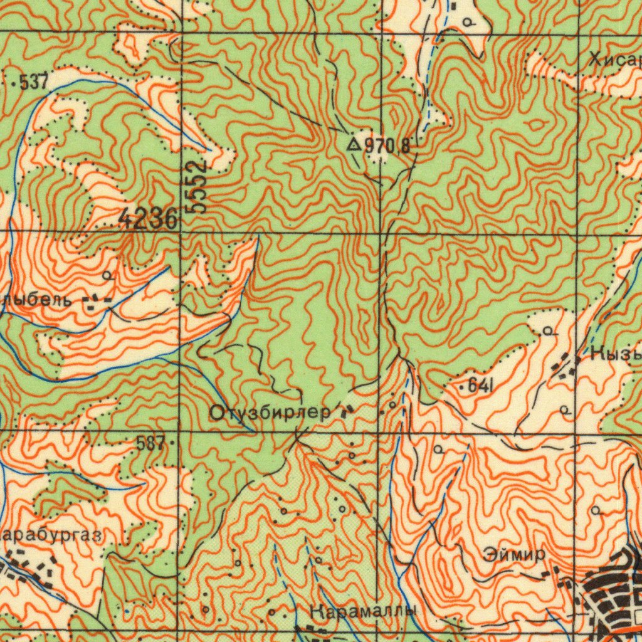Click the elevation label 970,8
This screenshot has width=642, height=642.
(x=387, y=147)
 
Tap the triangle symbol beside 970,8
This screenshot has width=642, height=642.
(x=354, y=145)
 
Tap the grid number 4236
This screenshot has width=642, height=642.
(x=147, y=219)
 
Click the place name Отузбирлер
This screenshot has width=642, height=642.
(x=270, y=413)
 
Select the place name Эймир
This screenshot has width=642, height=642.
(x=514, y=555)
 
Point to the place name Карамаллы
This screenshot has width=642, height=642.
(x=362, y=611)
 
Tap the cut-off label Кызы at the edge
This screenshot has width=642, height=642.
(x=616, y=354)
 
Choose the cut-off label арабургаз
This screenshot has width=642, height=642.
(x=50, y=535)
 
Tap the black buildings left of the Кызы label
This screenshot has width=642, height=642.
(x=567, y=366)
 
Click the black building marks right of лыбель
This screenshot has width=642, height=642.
(x=97, y=303)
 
